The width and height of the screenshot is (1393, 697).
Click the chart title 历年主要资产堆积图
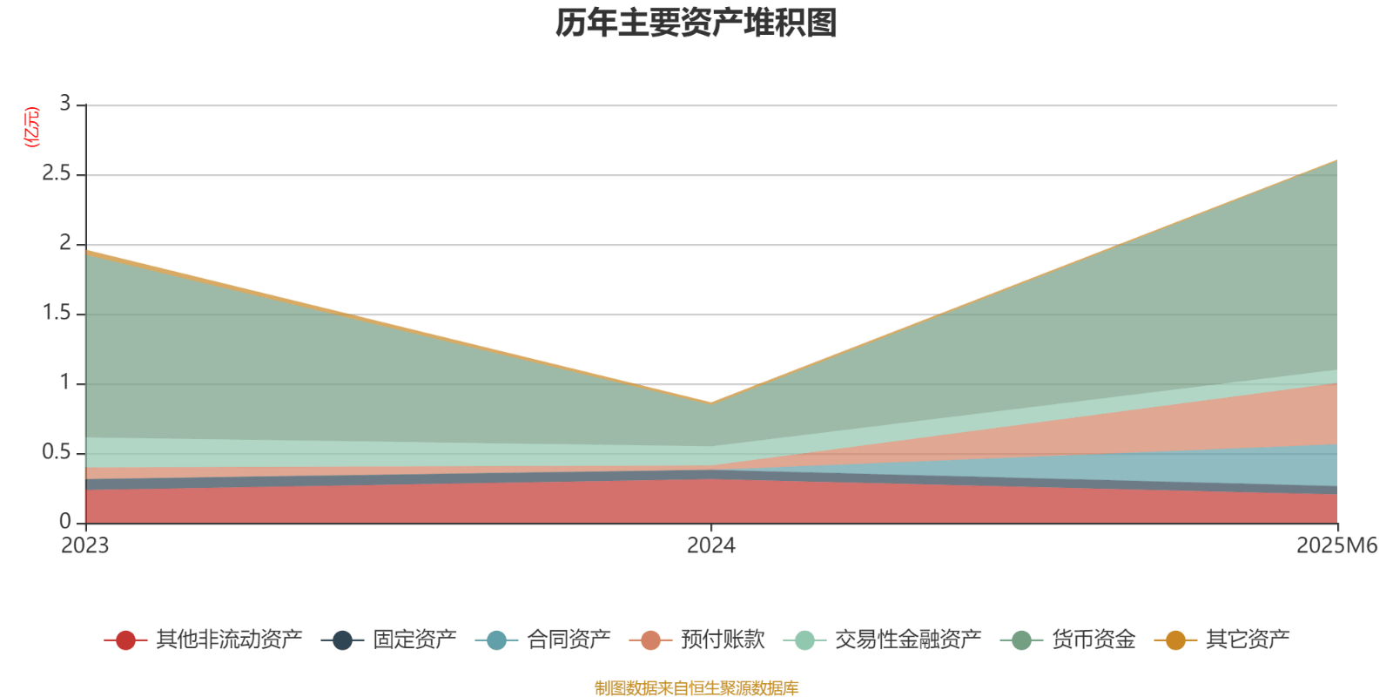coord(696,24)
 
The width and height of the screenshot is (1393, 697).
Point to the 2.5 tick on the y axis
coord(57,174)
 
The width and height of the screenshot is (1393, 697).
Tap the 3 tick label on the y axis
coord(64,105)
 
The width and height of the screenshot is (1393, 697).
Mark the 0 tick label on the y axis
coord(64,523)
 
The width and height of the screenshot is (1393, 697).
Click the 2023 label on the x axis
coord(84,546)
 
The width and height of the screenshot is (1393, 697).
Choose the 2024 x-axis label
coord(710,546)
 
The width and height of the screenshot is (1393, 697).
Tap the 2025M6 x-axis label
coord(1336,546)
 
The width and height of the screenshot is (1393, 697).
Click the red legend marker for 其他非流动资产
coord(125,640)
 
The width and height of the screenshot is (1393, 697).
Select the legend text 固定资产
coord(414,640)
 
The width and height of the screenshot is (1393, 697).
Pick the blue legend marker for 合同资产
coord(496,640)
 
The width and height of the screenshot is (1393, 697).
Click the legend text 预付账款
coord(723,640)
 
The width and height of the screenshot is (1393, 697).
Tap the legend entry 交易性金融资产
coord(907,640)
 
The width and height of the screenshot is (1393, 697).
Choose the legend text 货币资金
coord(1094,640)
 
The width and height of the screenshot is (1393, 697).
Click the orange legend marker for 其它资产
coord(1175,640)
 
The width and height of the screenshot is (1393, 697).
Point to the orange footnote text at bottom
coord(696,688)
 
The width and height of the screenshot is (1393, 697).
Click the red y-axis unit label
coord(32,127)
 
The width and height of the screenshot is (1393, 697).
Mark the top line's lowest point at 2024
coord(711,403)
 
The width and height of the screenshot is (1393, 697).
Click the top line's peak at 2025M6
coord(1336,160)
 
